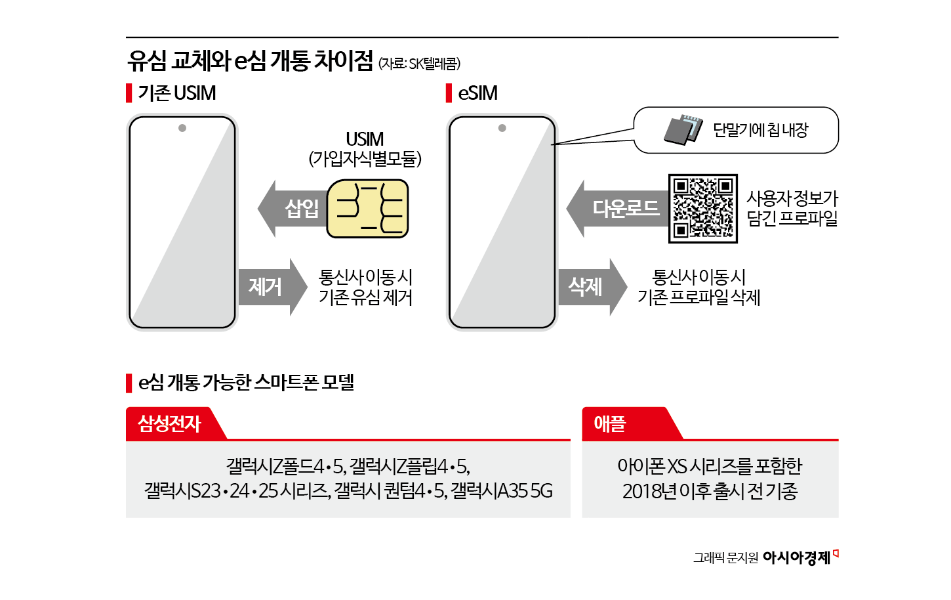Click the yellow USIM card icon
(367, 208)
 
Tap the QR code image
(702, 208)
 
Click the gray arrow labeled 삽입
(293, 209)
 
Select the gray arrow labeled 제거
(271, 287)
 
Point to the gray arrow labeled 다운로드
(617, 209)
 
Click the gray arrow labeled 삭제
(591, 287)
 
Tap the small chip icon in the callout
(682, 129)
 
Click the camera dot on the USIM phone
(182, 128)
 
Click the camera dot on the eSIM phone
(502, 128)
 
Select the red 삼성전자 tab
(170, 423)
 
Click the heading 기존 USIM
(176, 93)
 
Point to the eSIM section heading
(477, 93)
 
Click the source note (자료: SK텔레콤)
(419, 64)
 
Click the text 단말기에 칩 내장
(761, 130)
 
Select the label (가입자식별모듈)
(365, 159)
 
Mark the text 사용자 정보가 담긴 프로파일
(792, 208)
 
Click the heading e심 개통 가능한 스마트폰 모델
(246, 382)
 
